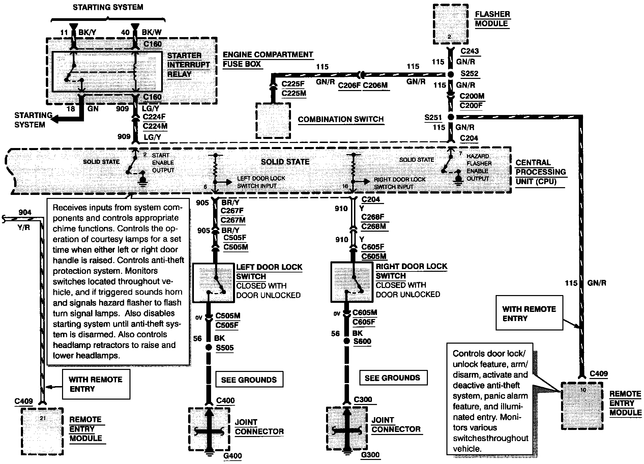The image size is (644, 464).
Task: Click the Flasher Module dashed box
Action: [450, 24]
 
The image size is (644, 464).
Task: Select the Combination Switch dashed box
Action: [273, 120]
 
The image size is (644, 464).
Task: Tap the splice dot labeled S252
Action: [451, 75]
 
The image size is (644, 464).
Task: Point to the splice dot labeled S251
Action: [451, 117]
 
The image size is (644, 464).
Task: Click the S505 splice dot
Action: [209, 347]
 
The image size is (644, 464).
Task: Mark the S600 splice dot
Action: [347, 341]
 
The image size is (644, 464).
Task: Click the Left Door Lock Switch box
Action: [213, 283]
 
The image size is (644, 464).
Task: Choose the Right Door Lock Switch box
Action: [352, 282]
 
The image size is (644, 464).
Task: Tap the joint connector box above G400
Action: [209, 429]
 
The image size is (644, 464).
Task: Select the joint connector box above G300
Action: [347, 428]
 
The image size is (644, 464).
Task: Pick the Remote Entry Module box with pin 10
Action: [582, 406]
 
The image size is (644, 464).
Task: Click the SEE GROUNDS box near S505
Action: [249, 380]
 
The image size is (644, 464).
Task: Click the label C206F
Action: [349, 85]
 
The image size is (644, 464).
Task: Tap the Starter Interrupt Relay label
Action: [188, 64]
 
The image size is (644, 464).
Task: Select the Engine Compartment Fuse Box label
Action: [268, 59]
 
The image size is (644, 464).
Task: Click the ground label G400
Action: [233, 456]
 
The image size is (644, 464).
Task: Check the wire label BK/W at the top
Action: [151, 32]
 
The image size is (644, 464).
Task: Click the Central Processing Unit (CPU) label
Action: [540, 172]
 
